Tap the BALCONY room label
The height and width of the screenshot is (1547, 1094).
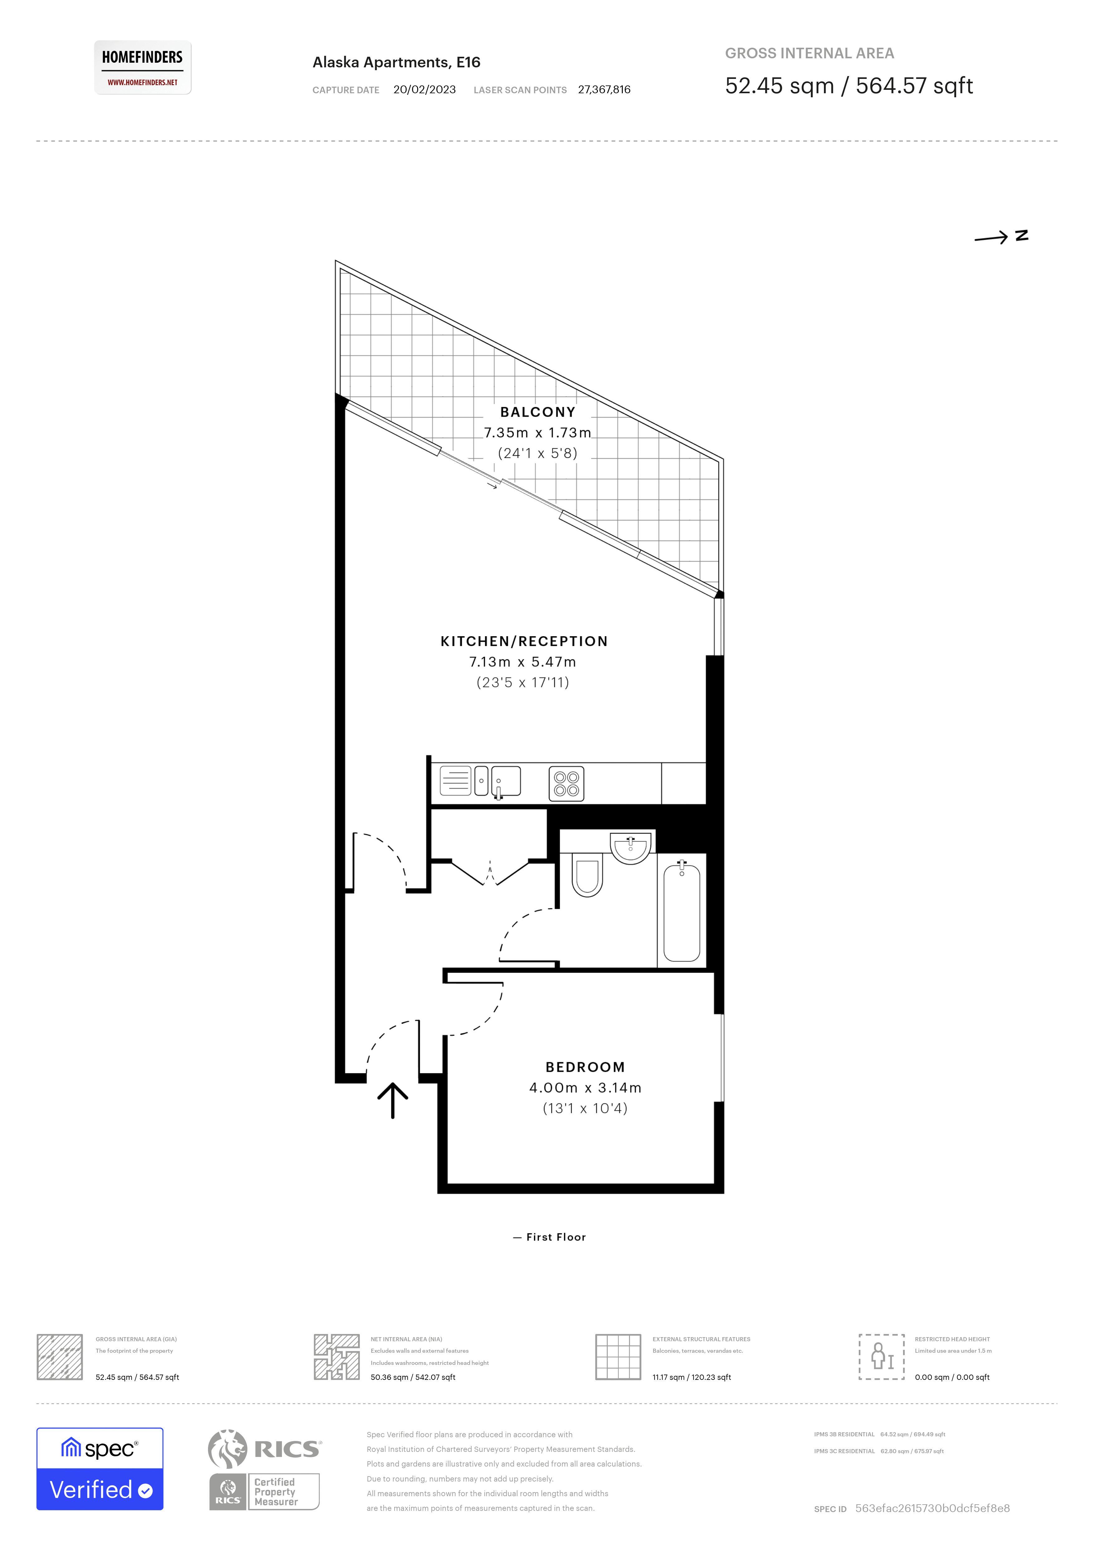point(538,412)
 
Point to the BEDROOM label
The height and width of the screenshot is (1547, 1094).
point(585,1066)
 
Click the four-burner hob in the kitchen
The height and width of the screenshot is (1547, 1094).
point(566,784)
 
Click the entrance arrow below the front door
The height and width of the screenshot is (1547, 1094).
point(393,1101)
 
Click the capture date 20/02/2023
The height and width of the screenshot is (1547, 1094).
point(424,89)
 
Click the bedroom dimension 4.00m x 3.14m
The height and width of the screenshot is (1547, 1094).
point(585,1087)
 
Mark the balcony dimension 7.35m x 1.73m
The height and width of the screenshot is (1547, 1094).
point(538,433)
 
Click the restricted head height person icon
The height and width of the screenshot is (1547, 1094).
point(881,1356)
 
